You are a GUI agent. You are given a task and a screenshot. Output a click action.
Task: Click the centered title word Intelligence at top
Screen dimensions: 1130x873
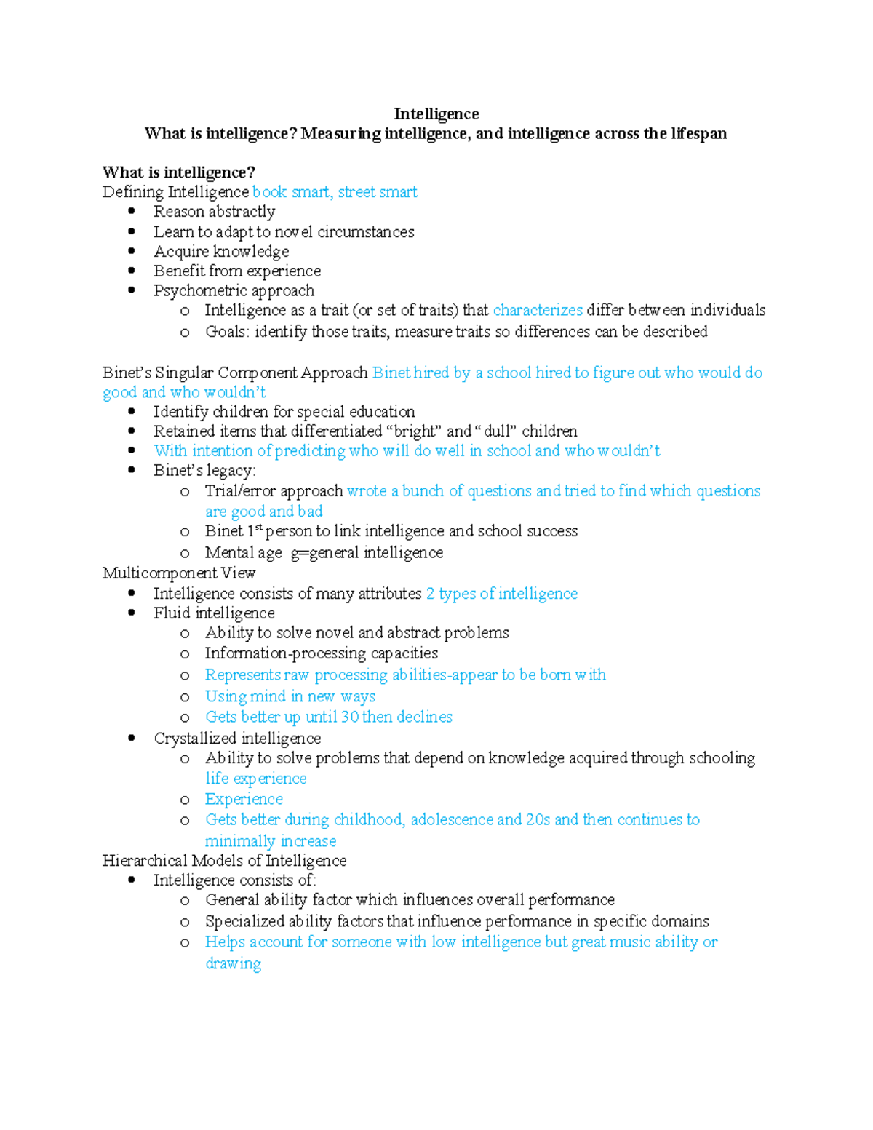tap(436, 114)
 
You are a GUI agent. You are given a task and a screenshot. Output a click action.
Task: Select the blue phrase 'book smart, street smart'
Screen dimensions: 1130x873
tap(335, 192)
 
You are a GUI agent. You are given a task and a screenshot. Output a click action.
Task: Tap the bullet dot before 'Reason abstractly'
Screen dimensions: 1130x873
tap(132, 211)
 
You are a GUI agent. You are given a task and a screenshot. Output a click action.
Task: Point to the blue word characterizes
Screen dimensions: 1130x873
tap(538, 311)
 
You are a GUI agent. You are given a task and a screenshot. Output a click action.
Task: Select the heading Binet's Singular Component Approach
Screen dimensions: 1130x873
tap(235, 373)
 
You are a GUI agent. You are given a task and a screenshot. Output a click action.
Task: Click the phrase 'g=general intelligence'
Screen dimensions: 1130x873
tap(367, 553)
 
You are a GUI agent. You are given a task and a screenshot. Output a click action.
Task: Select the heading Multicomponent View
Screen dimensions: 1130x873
tap(179, 573)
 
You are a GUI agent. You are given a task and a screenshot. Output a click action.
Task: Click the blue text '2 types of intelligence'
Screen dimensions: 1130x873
tap(501, 594)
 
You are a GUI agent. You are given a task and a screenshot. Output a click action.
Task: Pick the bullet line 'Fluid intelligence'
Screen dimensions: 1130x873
tap(214, 613)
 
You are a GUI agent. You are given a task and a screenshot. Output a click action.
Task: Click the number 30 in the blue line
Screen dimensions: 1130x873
tap(350, 717)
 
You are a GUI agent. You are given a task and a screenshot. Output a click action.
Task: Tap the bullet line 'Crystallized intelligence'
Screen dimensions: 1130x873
tap(237, 739)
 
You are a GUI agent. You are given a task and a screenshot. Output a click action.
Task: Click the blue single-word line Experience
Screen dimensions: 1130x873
tap(244, 800)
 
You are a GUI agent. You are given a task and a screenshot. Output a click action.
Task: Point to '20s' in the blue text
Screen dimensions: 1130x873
tap(538, 820)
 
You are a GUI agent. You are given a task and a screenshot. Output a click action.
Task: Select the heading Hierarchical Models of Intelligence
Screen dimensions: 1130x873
tap(224, 861)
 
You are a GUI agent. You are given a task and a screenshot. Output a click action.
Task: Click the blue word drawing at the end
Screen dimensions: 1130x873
tap(233, 964)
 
